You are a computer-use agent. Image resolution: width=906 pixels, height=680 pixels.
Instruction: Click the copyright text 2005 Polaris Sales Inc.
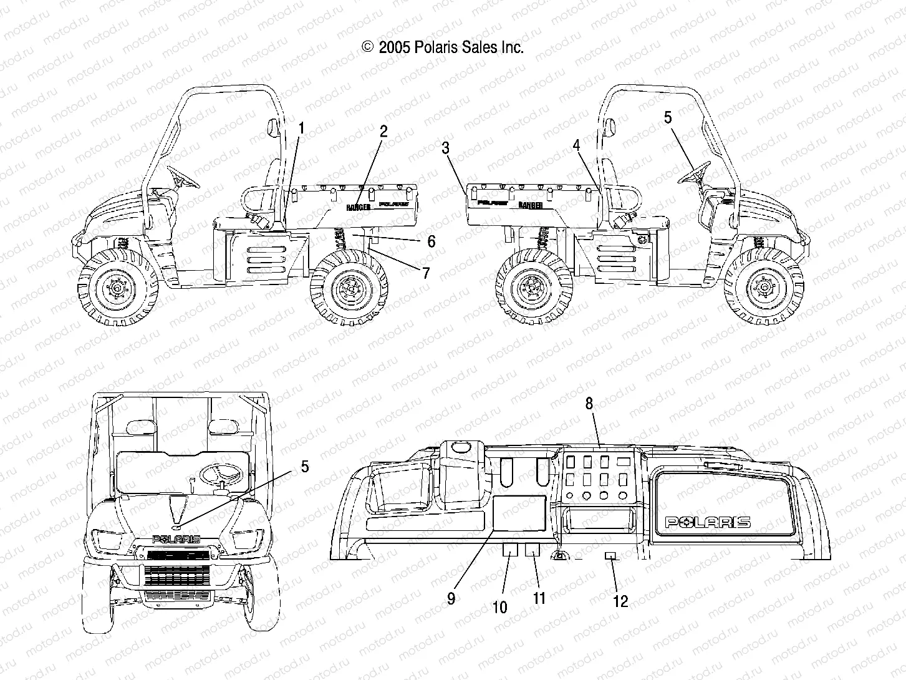[442, 47]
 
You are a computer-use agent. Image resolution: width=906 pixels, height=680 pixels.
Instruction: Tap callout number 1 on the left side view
[301, 129]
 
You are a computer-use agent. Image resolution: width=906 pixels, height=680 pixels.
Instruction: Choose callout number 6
[431, 241]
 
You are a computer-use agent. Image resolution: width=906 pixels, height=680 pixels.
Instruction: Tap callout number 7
[426, 272]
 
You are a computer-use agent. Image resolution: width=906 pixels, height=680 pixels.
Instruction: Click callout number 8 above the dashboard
[589, 403]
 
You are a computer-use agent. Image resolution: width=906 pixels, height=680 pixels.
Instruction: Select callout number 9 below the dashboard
[451, 598]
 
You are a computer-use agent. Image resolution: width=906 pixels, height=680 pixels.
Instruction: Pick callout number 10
[501, 607]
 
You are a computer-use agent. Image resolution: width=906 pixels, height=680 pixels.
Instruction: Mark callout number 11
[539, 598]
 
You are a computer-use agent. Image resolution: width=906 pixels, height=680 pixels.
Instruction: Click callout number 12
[620, 601]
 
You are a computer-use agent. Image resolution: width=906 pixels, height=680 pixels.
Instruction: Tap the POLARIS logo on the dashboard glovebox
[707, 522]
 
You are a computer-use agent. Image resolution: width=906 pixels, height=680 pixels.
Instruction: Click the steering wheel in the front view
[223, 475]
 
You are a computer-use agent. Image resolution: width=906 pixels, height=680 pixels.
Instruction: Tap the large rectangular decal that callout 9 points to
[518, 513]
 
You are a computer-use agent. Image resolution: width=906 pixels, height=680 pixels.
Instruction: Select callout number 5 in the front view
[304, 465]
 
